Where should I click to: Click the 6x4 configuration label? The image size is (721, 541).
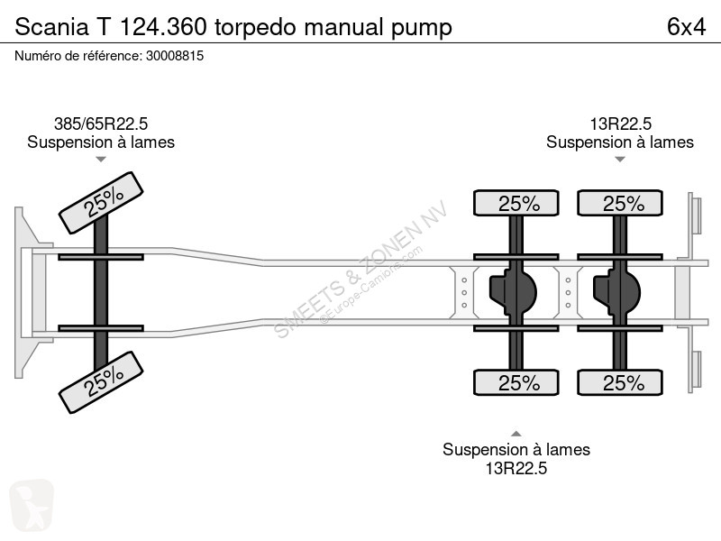[x=685, y=27]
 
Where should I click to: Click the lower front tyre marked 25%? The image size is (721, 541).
[x=101, y=381]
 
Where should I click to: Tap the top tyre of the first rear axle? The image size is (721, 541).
[x=517, y=204]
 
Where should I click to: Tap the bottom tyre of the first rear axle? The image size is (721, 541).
[x=517, y=383]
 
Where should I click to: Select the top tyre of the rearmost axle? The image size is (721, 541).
[x=622, y=204]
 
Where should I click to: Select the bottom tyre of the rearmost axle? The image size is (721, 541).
[x=622, y=383]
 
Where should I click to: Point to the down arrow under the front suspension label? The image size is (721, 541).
[x=101, y=160]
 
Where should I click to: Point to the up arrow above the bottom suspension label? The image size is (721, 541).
[x=516, y=432]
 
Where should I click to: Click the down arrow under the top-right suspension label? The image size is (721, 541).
[x=619, y=160]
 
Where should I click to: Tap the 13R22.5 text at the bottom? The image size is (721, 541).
[x=516, y=468]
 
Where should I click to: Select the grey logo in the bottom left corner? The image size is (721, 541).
[x=32, y=506]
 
